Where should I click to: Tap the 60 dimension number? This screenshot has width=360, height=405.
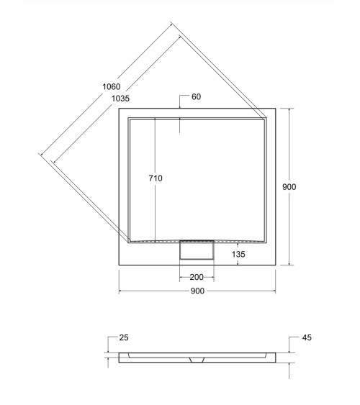(x=195, y=96)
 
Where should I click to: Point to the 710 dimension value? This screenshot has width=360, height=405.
(x=156, y=178)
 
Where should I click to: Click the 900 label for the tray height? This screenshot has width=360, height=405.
(x=289, y=187)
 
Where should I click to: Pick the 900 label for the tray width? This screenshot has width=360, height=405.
(x=197, y=291)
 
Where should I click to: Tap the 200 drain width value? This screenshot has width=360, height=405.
(x=197, y=277)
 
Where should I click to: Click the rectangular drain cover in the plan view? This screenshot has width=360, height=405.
(x=197, y=251)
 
